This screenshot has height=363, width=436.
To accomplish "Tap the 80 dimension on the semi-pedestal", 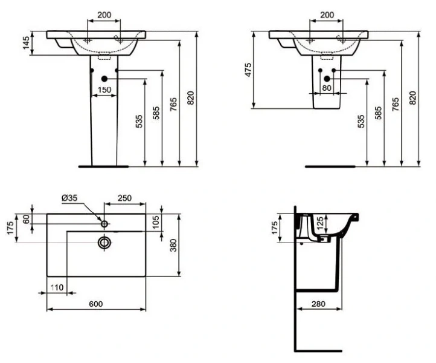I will pyautogui.click(x=327, y=88).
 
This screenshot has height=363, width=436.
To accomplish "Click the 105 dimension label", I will pyautogui.click(x=156, y=222).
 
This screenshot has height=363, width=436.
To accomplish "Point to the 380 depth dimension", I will pyautogui.click(x=174, y=244).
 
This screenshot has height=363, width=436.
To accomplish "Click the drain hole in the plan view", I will pyautogui.click(x=104, y=243).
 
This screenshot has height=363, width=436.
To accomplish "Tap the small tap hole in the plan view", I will pyautogui.click(x=104, y=224).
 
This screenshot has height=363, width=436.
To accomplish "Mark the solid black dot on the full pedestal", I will pyautogui.click(x=105, y=79).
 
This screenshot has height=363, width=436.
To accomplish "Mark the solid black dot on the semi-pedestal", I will pyautogui.click(x=327, y=79).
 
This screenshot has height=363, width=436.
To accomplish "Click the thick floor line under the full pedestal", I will pyautogui.click(x=104, y=165).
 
